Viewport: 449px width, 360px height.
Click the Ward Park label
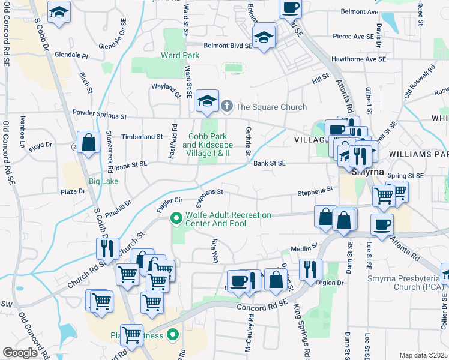pos(180,55)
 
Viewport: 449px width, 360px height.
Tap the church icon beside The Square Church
pos(227,107)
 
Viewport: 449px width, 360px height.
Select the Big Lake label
pos(103,181)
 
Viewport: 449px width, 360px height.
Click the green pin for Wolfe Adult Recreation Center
pos(176,219)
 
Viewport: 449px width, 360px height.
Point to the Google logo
pos(20,353)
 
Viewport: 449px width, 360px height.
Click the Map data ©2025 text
pos(423,355)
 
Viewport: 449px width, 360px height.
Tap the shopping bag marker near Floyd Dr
pos(88,143)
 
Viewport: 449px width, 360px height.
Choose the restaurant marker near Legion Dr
pos(310,269)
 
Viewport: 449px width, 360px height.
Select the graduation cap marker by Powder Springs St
pos(207,101)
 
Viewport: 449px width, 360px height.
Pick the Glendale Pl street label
pos(71,55)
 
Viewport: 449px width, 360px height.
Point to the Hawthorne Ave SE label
pos(358,59)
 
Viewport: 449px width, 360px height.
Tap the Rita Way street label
pos(214,250)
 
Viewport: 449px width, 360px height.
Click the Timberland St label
pos(142,137)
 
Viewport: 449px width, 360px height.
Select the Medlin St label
pos(303,248)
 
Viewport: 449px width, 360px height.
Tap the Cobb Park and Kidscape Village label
pos(207,145)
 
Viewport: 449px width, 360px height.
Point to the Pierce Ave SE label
pos(357,37)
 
